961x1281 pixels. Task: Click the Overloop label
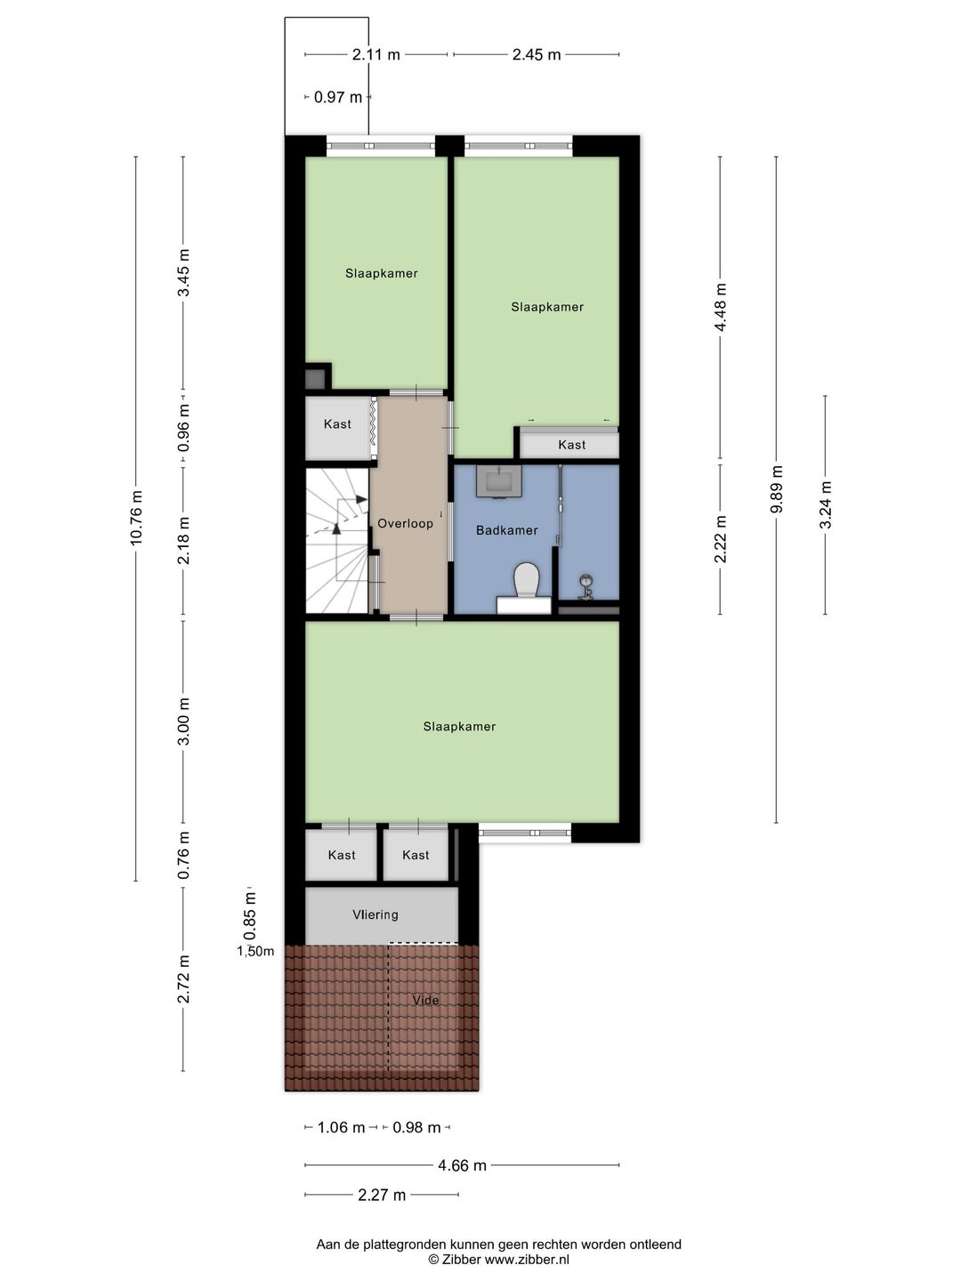click(x=405, y=523)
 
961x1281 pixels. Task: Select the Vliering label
click(x=375, y=914)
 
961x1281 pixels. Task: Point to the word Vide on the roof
click(x=425, y=1000)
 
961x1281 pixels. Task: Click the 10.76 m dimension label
click(x=136, y=518)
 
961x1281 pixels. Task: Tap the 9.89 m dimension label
click(x=777, y=489)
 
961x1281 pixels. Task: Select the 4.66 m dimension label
click(x=462, y=1165)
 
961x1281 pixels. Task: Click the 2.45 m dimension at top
click(x=537, y=54)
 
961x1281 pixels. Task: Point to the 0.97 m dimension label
click(x=338, y=97)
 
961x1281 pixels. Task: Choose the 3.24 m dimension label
click(x=826, y=505)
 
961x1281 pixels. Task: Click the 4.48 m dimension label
click(x=721, y=308)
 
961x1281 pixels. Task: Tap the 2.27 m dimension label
click(x=382, y=1195)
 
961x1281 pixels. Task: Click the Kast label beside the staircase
click(x=337, y=424)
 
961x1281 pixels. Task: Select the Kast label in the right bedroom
click(x=571, y=445)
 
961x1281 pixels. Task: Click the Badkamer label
click(x=506, y=530)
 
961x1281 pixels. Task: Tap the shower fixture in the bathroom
click(x=585, y=586)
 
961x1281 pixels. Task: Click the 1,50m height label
click(x=255, y=951)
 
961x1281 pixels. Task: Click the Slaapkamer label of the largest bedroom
click(x=459, y=727)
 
